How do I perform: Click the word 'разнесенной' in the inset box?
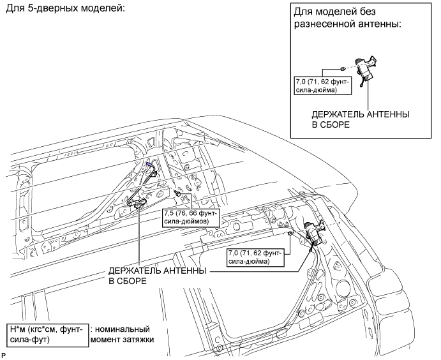tap(326, 26)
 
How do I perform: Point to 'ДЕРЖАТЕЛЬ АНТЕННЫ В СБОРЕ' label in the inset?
tap(360, 118)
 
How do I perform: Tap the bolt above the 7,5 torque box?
tap(177, 192)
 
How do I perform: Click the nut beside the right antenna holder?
tap(291, 234)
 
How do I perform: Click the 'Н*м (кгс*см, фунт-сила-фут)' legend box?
tap(45, 334)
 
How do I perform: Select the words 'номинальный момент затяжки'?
tap(124, 334)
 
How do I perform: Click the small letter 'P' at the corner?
tap(4, 354)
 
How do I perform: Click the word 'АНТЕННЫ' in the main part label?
tap(184, 271)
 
